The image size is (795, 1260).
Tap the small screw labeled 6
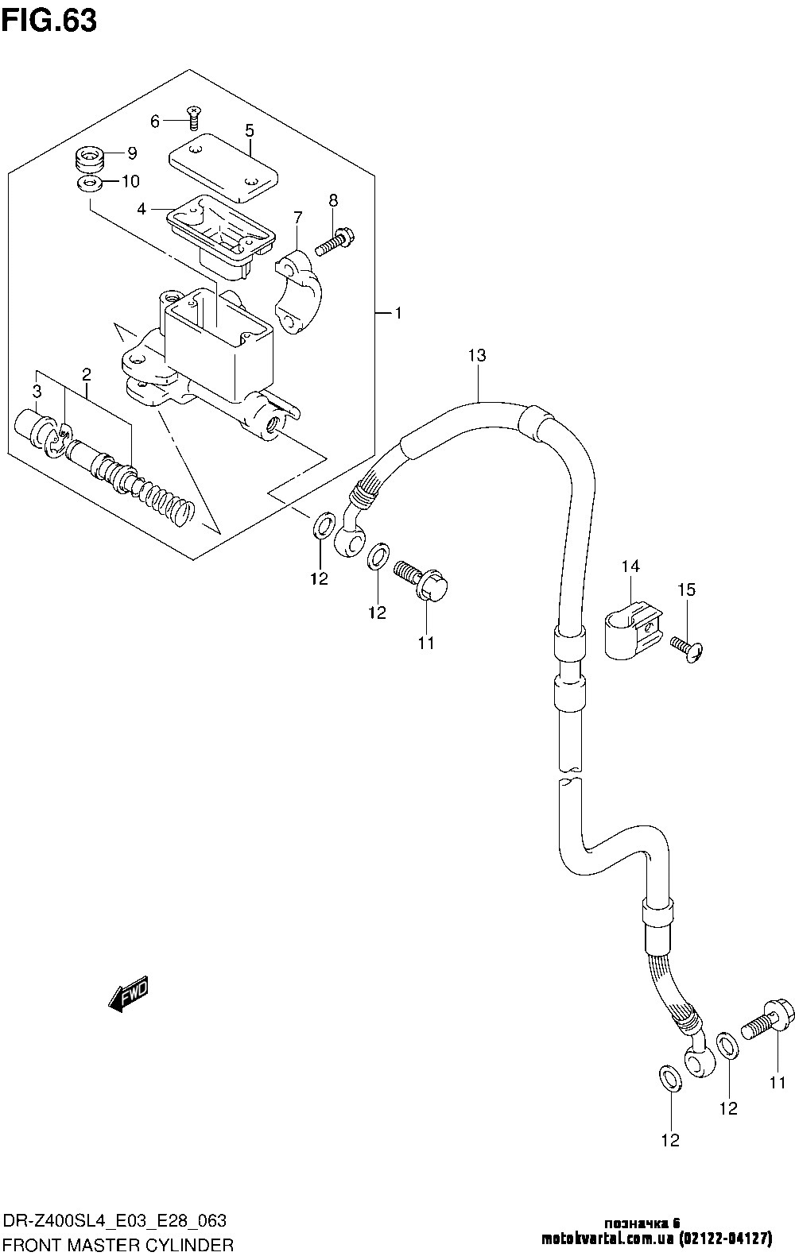[192, 117]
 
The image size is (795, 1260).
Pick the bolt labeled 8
[335, 240]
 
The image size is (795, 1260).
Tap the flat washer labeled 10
[91, 184]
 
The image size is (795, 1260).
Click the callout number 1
[397, 314]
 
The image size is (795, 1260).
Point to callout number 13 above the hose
[476, 355]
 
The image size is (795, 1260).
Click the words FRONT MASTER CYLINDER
[118, 1243]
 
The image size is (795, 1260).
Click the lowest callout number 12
[670, 1140]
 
